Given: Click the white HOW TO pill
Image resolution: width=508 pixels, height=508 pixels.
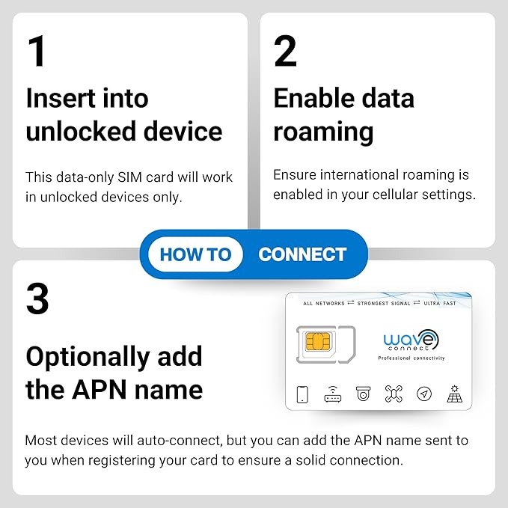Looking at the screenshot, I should coord(195,254).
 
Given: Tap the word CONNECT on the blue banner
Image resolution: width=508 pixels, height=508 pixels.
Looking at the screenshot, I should coord(302,254).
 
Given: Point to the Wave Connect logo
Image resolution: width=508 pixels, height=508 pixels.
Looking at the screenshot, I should coord(411,341).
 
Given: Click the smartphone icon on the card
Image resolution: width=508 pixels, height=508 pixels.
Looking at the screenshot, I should coord(302,394).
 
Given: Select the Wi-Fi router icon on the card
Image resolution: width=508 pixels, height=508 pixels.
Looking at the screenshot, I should coord(333,394).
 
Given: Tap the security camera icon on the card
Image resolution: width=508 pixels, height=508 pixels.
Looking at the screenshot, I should coord(363,394).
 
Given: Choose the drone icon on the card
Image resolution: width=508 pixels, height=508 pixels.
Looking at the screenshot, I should coord(394,394).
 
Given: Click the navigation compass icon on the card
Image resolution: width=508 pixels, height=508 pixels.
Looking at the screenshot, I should coord(423,394).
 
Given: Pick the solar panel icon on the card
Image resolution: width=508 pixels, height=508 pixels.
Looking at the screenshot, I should coord(454,394).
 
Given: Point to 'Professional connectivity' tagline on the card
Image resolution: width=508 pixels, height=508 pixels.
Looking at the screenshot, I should coord(411,358).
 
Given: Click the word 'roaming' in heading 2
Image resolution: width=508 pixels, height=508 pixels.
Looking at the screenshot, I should coord(323,132).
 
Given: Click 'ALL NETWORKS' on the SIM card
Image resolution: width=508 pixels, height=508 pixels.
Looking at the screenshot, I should coord(324,304).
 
